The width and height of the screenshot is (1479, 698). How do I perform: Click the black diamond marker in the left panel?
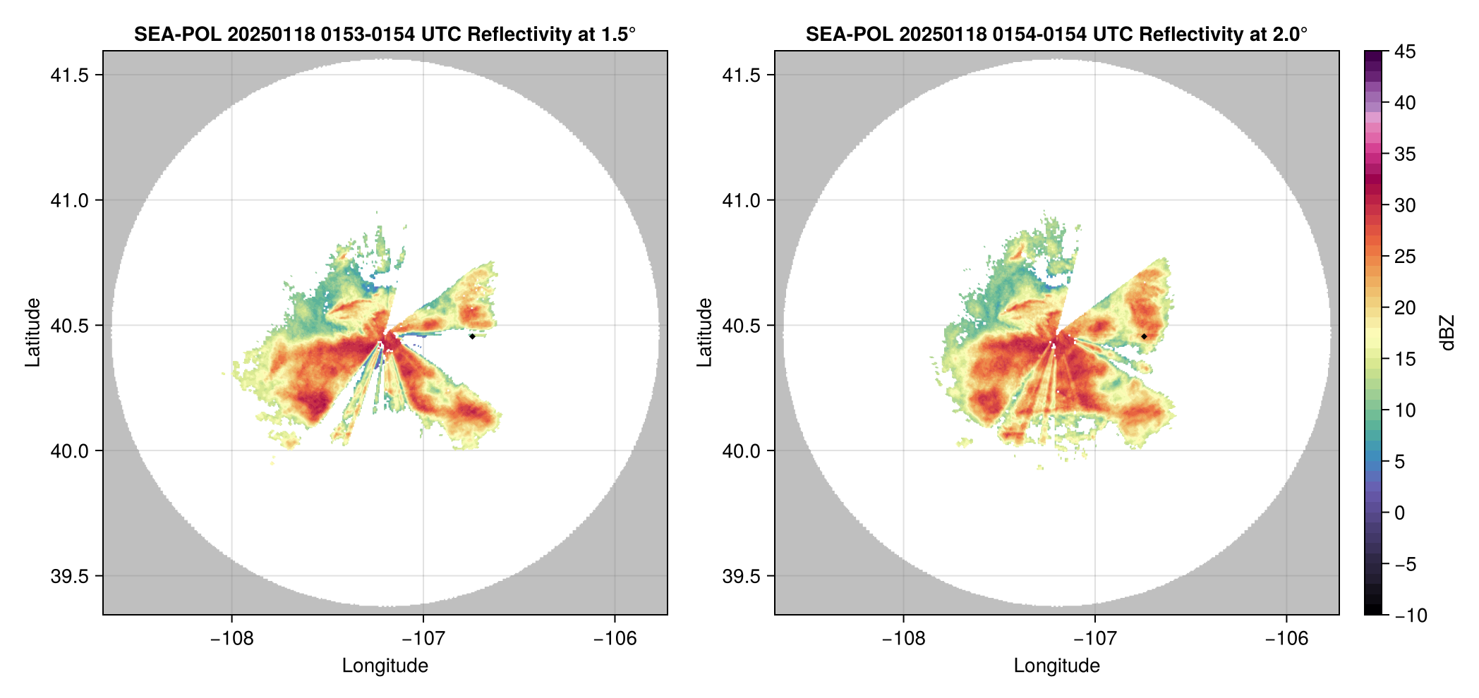click(472, 336)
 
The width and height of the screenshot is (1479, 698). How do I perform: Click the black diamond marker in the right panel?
click(1144, 336)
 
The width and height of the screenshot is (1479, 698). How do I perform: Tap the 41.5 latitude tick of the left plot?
click(69, 75)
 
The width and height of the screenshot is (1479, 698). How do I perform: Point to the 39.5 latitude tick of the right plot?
click(741, 576)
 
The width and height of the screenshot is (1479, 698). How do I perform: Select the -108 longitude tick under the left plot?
click(231, 639)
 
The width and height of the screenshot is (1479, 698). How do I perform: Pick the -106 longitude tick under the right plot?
click(1286, 639)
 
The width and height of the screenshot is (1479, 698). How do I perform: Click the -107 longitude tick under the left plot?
click(423, 639)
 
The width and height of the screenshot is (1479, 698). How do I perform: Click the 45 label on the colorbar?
click(1405, 51)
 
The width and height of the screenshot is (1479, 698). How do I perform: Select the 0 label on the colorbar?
click(1400, 513)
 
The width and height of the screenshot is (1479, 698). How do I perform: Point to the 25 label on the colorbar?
click(1405, 257)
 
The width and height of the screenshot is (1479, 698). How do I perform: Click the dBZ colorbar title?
click(1447, 333)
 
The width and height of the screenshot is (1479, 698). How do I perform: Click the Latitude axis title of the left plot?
click(32, 333)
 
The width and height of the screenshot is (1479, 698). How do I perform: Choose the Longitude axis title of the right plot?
click(1056, 666)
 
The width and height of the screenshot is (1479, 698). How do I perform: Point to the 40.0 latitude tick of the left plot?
click(69, 451)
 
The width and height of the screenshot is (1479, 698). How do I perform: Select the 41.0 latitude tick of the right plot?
click(741, 200)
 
